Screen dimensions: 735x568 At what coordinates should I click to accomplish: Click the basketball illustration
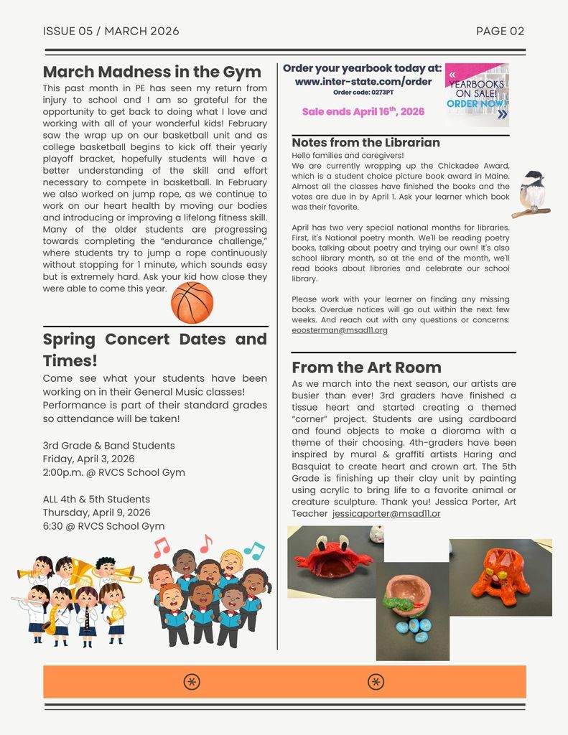192,302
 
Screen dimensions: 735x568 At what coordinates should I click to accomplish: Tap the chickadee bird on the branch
532,194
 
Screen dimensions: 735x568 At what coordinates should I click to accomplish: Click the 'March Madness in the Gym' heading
152,72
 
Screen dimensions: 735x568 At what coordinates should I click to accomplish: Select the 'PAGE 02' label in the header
500,31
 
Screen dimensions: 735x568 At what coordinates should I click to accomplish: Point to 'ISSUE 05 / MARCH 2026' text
111,31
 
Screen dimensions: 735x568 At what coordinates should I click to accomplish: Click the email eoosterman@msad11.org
340,330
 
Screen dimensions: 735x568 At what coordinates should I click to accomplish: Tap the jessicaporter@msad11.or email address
386,514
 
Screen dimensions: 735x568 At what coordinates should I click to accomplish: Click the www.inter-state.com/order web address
363,81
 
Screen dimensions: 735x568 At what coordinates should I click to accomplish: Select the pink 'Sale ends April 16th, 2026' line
363,111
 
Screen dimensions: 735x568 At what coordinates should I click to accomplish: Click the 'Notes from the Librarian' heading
366,142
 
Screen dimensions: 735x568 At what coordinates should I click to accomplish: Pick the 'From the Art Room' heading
366,367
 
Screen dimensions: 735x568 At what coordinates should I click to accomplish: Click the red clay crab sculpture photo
335,561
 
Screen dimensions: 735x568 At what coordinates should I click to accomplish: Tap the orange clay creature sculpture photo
501,577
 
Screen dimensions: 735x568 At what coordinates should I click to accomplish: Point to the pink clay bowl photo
412,611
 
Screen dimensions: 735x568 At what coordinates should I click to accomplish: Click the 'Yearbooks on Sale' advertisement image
477,95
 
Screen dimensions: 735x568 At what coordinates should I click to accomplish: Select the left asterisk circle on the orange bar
192,682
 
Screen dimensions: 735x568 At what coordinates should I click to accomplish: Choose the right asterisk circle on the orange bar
376,682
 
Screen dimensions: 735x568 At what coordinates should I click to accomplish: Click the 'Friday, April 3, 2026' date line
88,459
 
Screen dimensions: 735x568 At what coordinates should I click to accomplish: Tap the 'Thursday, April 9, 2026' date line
96,512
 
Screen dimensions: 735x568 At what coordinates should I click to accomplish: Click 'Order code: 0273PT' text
363,93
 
